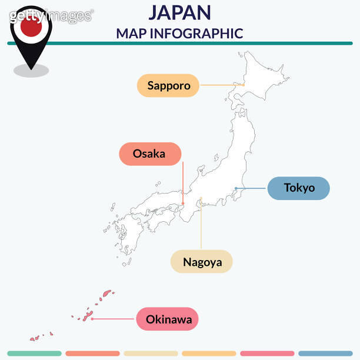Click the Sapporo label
tap(169, 85)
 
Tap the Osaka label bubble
tap(149, 154)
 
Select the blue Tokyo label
tap(299, 188)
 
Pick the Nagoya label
tap(202, 262)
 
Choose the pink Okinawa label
tap(168, 320)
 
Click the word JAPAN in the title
tap(179, 12)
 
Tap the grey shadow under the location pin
tap(31, 71)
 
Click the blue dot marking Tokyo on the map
tap(235, 188)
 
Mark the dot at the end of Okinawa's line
tap(92, 319)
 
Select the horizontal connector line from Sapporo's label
tap(221, 85)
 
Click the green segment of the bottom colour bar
tap(34, 354)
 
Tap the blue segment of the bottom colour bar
tap(325, 354)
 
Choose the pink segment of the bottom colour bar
tap(267, 354)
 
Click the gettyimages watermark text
tap(51, 16)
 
